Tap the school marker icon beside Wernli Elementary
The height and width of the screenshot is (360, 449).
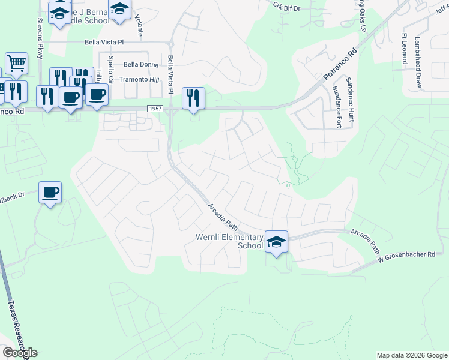click(x=276, y=242)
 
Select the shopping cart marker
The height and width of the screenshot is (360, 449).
click(x=16, y=62)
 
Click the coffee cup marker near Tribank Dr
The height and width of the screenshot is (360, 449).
click(x=50, y=193)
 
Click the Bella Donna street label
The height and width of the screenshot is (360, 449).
click(x=142, y=65)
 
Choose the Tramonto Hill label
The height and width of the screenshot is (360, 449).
click(x=139, y=80)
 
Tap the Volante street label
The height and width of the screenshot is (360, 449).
click(x=139, y=25)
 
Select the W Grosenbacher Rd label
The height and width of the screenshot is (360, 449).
click(x=406, y=256)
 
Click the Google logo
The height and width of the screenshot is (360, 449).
click(x=19, y=352)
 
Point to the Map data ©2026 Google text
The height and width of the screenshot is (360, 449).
click(x=411, y=355)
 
